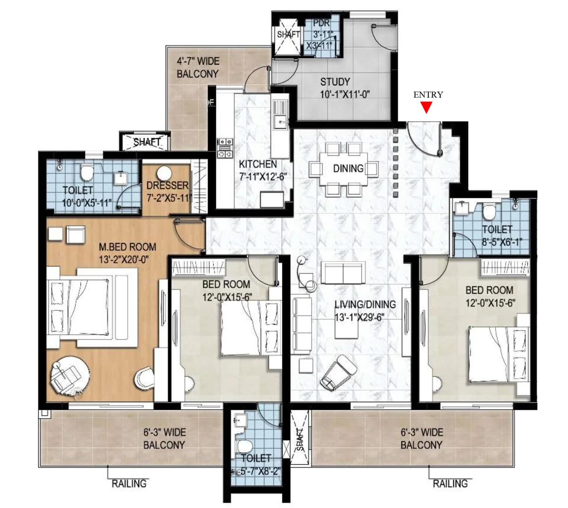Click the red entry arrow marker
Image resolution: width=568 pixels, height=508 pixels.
click(427, 108)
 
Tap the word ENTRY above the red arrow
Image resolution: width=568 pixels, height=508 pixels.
click(428, 95)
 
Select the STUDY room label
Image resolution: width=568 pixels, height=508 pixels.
click(335, 81)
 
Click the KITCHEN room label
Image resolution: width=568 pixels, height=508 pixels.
click(257, 164)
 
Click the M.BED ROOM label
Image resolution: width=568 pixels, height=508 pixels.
click(127, 247)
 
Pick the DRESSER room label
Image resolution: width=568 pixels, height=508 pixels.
click(167, 186)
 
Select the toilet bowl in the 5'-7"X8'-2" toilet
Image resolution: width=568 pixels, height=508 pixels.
click(244, 446)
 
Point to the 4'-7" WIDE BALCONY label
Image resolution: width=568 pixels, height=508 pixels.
click(198, 68)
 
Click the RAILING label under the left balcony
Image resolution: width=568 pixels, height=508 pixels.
click(129, 483)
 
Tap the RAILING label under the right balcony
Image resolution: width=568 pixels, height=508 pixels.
click(450, 483)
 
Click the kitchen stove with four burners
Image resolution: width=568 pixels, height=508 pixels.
click(224, 148)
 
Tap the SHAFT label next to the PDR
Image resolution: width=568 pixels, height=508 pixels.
click(288, 35)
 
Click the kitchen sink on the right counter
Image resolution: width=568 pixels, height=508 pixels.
click(281, 122)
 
